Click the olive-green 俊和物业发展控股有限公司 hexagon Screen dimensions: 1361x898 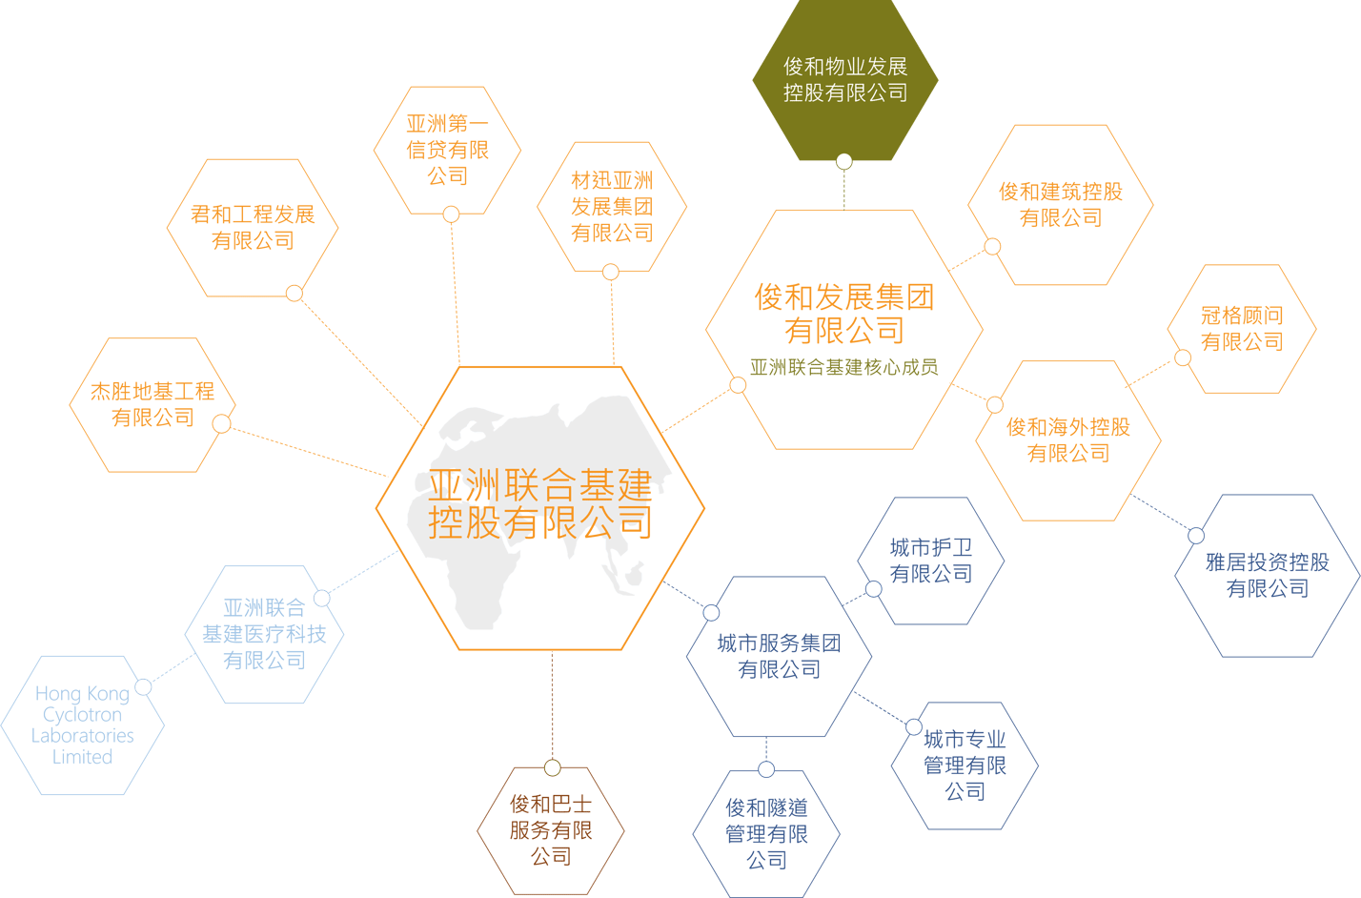[845, 79]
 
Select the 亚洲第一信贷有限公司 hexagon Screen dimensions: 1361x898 [447, 150]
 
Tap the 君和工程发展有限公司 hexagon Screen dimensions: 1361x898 [253, 228]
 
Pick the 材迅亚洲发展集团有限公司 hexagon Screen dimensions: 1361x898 [612, 207]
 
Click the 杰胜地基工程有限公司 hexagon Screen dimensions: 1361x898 [152, 404]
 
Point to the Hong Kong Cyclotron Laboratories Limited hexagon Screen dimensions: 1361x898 [82, 725]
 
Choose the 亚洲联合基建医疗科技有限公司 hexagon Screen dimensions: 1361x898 [264, 634]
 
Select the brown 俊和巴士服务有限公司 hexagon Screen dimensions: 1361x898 [551, 830]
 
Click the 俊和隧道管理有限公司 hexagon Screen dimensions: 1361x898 [766, 833]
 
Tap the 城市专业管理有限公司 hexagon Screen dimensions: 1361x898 [965, 765]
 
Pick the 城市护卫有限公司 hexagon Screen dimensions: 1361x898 [931, 561]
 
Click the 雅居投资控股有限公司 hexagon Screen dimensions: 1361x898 [1268, 576]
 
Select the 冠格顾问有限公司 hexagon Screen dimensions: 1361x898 [1242, 329]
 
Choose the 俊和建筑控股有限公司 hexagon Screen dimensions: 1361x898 [1061, 205]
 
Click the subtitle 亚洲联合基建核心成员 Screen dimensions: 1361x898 [843, 367]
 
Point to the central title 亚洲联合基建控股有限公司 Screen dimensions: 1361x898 [540, 503]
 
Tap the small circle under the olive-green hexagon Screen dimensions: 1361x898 [843, 162]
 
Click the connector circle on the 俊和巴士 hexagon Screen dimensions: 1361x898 [552, 768]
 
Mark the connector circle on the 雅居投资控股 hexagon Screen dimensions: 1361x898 [1196, 536]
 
